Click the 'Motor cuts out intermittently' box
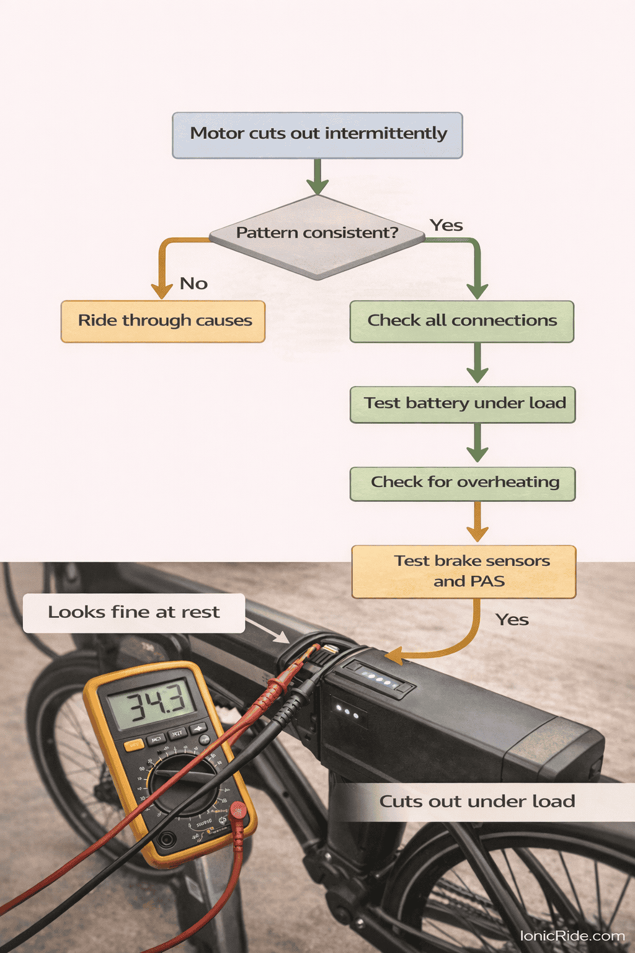coord(317,135)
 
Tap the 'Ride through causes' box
coord(163,321)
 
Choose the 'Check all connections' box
coord(462,321)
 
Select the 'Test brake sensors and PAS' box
coord(464,571)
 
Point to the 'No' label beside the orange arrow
coord(193,284)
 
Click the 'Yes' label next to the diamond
coord(446,225)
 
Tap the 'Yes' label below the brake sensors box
coord(512,620)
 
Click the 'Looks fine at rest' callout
coord(134,613)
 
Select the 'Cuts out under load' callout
coord(477,802)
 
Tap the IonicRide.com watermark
coord(572,936)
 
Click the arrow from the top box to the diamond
coord(317,176)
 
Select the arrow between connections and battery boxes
coord(477,364)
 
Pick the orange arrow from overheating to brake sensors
coord(477,522)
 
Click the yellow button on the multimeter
coord(133,745)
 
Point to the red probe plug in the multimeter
coord(238,810)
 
